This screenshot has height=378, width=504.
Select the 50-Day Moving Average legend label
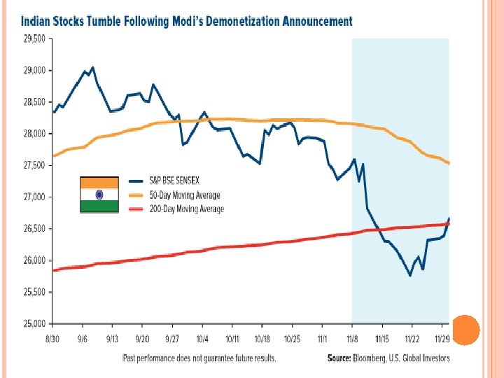(x=185, y=196)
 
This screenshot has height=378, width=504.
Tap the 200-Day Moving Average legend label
(x=187, y=209)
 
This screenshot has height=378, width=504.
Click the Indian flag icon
(x=99, y=194)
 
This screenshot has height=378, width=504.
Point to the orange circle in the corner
(x=466, y=329)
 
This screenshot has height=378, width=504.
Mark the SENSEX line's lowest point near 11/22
(x=409, y=276)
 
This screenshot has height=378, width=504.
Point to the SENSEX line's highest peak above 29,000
(x=93, y=68)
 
